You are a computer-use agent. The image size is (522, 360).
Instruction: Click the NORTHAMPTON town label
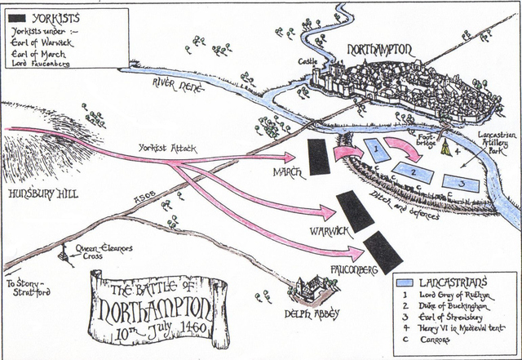381,50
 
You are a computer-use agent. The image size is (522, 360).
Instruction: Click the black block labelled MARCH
319,154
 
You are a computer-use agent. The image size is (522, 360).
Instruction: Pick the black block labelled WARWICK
355,211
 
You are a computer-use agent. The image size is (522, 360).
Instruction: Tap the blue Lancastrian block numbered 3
462,183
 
